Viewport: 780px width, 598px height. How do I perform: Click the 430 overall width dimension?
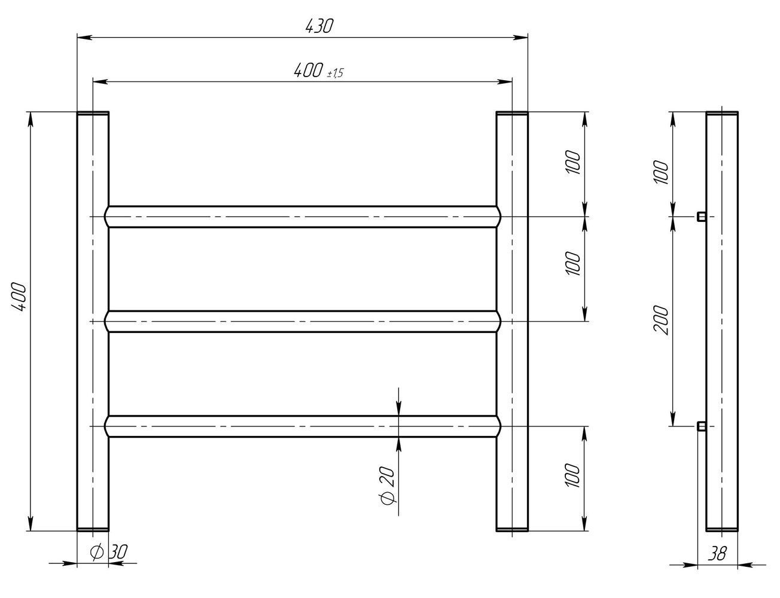pos(319,26)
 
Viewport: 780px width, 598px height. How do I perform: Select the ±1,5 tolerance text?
pos(335,73)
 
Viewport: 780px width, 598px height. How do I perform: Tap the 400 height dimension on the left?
pos(19,297)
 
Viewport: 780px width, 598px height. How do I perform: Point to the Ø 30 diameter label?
pos(108,552)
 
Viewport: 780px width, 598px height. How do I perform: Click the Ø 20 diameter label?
pos(387,486)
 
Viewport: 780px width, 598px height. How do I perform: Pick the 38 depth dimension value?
pos(717,554)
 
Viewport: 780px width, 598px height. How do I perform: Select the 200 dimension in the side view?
pos(661,320)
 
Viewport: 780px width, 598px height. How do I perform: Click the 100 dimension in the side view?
pos(661,172)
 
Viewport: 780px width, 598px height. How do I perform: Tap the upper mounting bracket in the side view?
pos(702,216)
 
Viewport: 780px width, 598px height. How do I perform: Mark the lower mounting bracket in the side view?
pos(702,426)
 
